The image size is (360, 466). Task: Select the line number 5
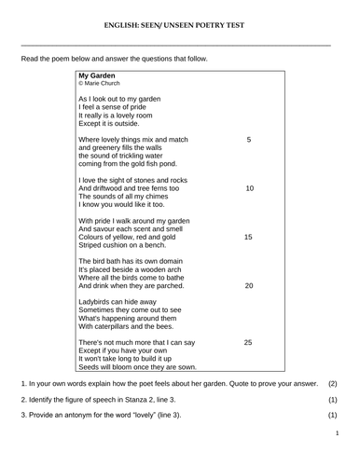point(249,139)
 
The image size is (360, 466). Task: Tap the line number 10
point(249,188)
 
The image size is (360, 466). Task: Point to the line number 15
point(249,237)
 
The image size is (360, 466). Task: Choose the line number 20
point(249,285)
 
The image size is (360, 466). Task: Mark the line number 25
point(249,343)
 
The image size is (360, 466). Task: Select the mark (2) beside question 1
point(333,384)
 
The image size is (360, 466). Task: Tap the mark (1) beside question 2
point(333,399)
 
